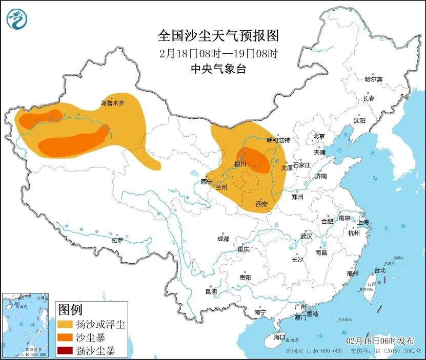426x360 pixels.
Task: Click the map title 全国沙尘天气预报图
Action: (218, 36)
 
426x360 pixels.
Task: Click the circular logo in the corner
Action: (16, 19)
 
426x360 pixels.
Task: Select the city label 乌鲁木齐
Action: (112, 103)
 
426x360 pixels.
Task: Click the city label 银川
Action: (240, 164)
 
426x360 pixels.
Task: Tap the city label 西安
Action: (261, 204)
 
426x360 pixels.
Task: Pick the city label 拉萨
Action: (117, 240)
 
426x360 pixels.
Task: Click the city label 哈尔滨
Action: (374, 79)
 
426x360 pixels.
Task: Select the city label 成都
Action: (223, 239)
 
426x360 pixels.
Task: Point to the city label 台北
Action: (379, 270)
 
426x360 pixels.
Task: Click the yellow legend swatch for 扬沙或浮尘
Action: (65, 325)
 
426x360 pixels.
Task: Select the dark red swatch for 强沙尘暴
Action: (65, 351)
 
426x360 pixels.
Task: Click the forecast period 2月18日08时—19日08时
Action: (218, 53)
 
